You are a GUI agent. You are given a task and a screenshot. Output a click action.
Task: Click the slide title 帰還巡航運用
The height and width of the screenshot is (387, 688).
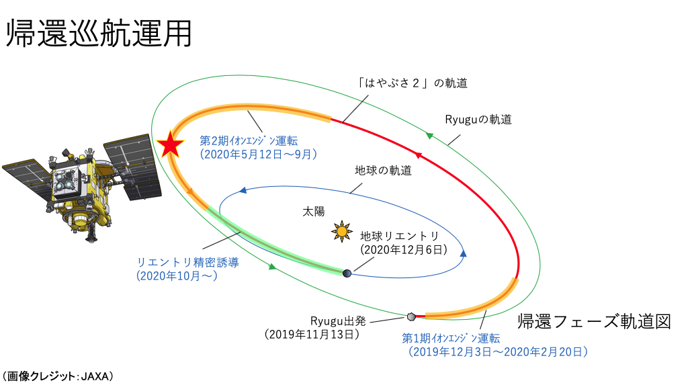pos(99,33)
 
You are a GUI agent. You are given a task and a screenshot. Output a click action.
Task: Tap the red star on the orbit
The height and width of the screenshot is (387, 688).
pos(171,144)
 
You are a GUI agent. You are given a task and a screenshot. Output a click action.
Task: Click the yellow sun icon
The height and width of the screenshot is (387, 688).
pos(342,232)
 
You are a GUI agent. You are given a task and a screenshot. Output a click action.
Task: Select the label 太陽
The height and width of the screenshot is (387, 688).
pos(312,212)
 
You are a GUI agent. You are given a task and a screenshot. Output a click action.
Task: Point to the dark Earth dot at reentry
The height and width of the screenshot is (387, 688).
pos(347,273)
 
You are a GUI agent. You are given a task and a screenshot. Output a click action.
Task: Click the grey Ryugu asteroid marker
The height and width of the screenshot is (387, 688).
pos(411,316)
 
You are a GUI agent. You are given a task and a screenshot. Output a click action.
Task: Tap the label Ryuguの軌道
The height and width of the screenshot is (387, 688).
pos(478,120)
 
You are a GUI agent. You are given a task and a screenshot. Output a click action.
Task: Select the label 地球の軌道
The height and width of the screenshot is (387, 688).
pos(383,171)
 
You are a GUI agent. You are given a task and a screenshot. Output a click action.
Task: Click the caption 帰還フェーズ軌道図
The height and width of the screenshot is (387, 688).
pos(594,321)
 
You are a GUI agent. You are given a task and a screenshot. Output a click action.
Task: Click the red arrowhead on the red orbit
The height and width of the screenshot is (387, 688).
pos(418,156)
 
